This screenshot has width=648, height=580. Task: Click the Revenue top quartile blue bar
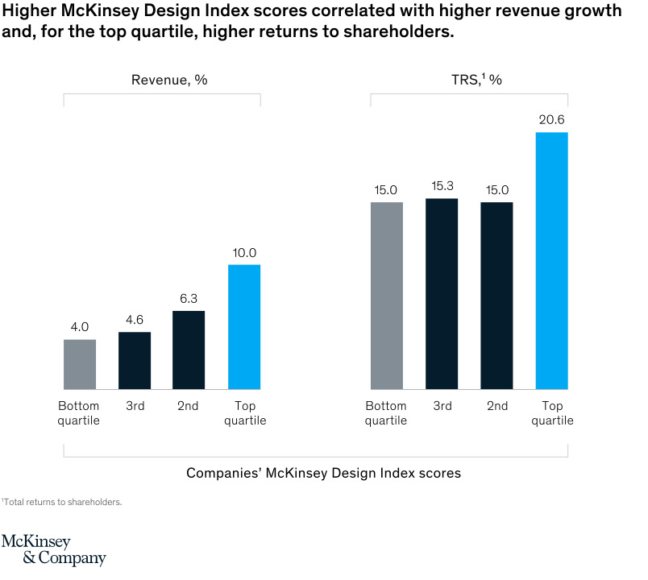point(244,327)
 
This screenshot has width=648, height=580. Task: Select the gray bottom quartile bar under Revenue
point(80,364)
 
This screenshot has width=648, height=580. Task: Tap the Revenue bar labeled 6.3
point(189,350)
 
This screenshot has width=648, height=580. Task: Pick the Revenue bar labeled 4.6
point(135,361)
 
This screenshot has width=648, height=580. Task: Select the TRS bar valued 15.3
point(442,294)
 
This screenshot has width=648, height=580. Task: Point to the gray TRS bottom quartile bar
point(387,296)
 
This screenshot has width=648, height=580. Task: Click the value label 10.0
point(243,253)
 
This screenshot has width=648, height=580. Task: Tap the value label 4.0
point(80,327)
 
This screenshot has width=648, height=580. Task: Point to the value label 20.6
point(552,120)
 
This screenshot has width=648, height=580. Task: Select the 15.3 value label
point(442,186)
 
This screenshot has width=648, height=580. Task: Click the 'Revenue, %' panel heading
point(164,80)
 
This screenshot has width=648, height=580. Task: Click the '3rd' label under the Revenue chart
point(135,406)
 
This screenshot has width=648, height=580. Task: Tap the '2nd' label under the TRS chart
point(497,406)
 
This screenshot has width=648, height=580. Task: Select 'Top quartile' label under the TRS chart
point(552,413)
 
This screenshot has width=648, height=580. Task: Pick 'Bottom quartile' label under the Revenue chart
point(79,413)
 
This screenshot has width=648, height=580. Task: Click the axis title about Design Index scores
point(323,473)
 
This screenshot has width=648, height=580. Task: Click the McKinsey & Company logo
point(53,549)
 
